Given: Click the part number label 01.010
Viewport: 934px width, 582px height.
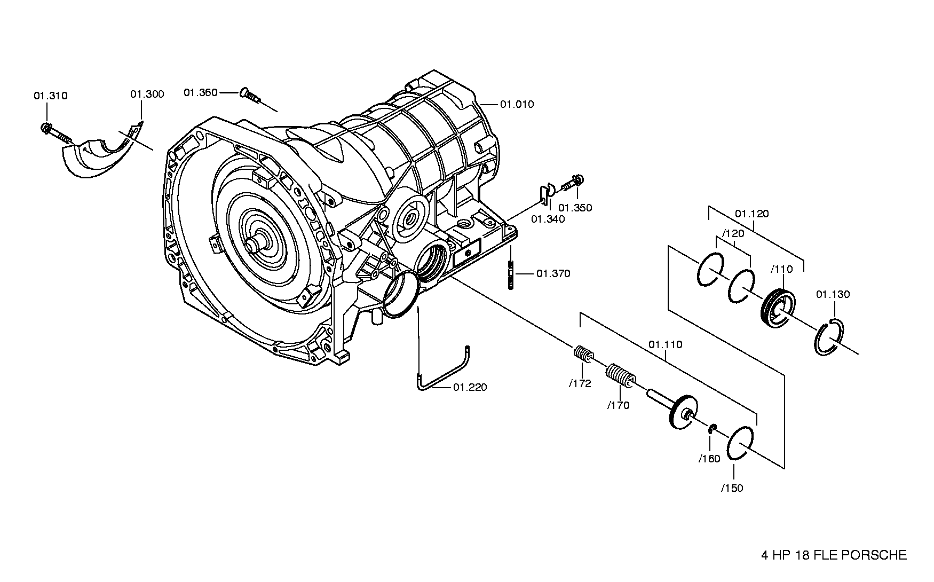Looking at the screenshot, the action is pos(517,104).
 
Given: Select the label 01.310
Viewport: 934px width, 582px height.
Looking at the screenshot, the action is pos(51,96).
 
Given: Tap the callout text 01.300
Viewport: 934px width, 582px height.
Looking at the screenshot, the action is pos(147,95).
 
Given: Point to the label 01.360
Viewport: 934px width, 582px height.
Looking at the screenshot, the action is pos(201,93).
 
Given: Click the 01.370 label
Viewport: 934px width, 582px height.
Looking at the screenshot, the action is pos(553,274).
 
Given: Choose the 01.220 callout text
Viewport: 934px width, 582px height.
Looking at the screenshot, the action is pos(470,387).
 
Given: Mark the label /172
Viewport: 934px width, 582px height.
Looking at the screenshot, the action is pos(580,383).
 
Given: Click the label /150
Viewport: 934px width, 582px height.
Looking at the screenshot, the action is pos(732,488).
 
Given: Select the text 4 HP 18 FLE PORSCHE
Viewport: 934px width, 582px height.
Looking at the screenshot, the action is pos(834,555).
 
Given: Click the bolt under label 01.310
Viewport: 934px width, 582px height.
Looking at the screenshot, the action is pos(56,132).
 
